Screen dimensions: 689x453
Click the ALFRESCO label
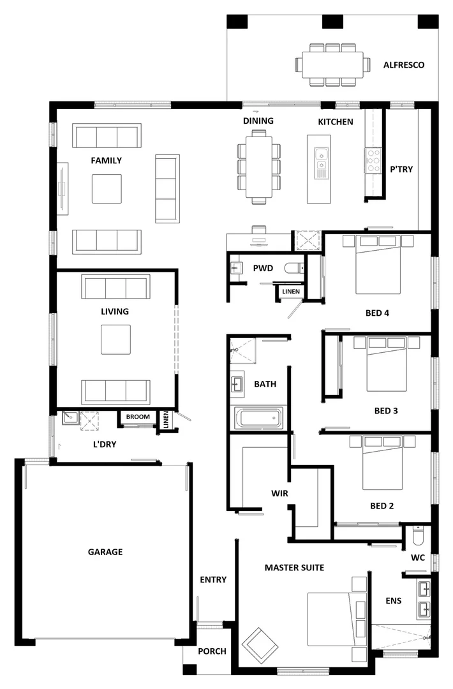pos(403,65)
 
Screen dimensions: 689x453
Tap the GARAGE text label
pos(105,552)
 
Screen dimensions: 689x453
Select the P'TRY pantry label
pos(401,169)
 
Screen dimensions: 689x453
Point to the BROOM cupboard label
pos(138,417)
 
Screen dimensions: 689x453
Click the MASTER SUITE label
pos(294,567)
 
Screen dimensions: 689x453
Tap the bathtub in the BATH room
pos(258,419)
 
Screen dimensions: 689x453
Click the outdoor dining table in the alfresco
pos(332,64)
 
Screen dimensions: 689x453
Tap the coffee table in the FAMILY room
pos(107,188)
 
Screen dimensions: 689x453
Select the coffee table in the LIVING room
pos(115,339)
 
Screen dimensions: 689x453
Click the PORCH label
pos(212,651)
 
